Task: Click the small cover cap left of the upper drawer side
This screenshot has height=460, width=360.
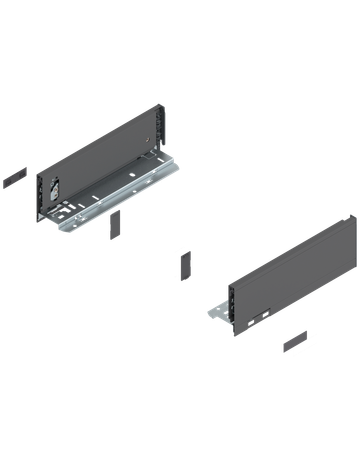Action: [x=13, y=177]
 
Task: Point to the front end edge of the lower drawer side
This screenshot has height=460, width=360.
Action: [x=231, y=305]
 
